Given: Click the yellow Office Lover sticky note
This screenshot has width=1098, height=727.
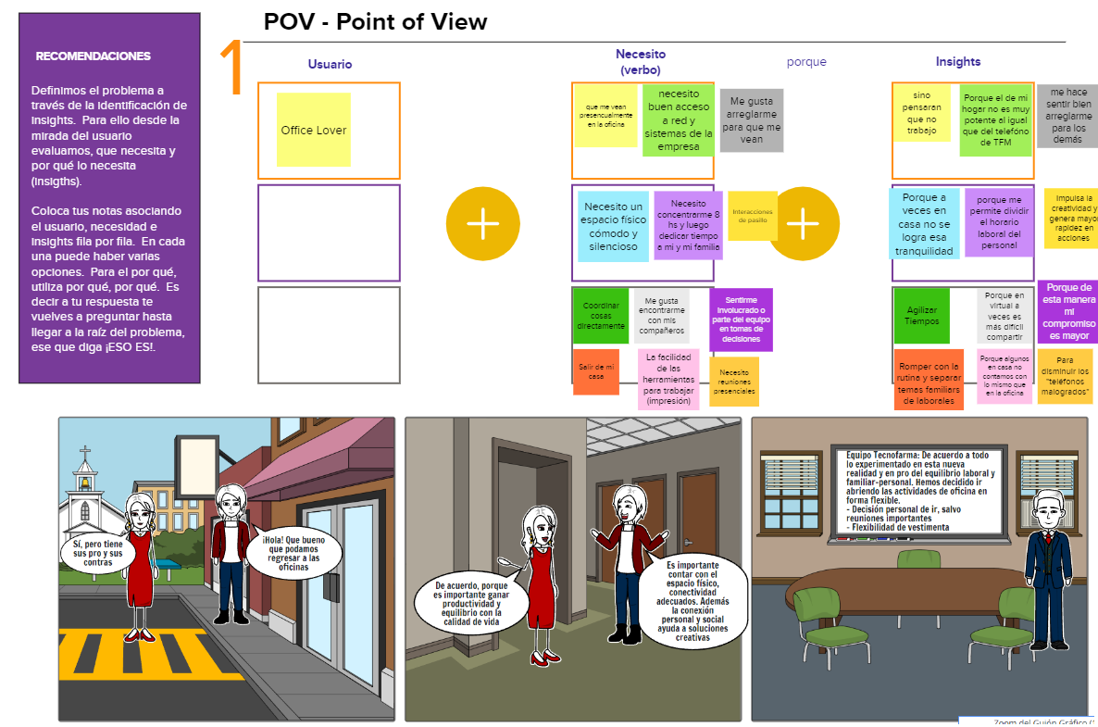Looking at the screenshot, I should (314, 130).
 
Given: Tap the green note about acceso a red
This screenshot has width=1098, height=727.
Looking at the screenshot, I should (679, 120).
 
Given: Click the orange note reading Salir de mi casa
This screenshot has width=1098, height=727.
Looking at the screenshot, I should (595, 371).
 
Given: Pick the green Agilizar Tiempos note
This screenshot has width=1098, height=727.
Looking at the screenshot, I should (921, 316).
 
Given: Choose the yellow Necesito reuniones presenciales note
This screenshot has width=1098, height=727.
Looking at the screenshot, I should (734, 382).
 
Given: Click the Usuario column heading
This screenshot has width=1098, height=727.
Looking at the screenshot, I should (330, 64).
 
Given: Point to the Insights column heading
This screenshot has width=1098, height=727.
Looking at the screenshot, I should (958, 61).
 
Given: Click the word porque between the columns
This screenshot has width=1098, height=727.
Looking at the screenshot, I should (806, 62).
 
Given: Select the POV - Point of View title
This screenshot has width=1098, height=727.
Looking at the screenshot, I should (375, 22).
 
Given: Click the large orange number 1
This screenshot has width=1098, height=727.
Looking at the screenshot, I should (231, 69).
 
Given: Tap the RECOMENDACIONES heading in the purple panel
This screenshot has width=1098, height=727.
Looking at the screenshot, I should (93, 56).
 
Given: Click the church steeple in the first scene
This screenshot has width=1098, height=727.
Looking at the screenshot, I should (86, 468).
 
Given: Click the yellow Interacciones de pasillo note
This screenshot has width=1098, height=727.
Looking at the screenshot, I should (752, 216).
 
